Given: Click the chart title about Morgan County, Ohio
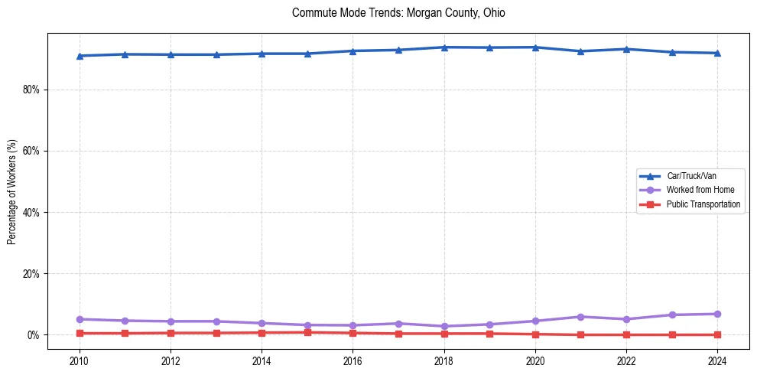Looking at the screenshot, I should pos(398,13).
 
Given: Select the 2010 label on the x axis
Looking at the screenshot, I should pos(79,361).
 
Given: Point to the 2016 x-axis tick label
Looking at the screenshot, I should pos(353,361).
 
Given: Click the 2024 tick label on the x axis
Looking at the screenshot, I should pos(717,361).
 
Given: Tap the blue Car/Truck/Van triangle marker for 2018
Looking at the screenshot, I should pos(444,47).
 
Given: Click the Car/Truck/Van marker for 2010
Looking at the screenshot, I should pos(80,56).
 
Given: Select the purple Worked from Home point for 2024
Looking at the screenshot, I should pos(717,314).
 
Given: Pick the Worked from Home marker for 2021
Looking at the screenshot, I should pos(580,317).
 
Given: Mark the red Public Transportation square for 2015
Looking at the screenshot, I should pos(307,332).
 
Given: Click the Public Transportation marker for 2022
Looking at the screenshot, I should pos(626,334).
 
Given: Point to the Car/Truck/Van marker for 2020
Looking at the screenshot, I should pos(535,47).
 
